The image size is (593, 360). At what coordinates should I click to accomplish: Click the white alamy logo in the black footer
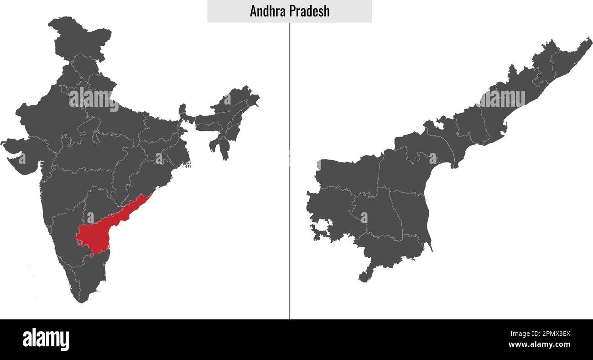point(46,339)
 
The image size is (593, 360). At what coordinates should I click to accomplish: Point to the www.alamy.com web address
point(539,344)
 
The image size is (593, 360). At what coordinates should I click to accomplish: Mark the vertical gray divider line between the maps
point(289,183)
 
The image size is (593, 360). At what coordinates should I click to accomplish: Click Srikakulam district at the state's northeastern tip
point(570,55)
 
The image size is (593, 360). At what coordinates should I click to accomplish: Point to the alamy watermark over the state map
point(502,98)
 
